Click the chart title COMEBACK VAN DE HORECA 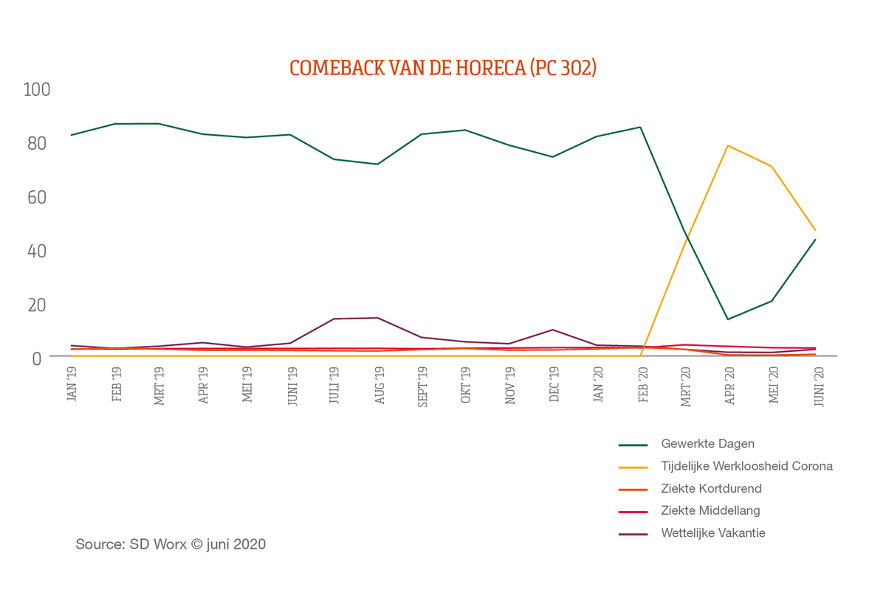pyautogui.click(x=442, y=68)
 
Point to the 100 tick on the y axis pyautogui.click(x=37, y=89)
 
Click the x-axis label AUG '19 pyautogui.click(x=380, y=386)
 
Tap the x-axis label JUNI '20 pyautogui.click(x=817, y=385)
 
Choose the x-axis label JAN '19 pyautogui.click(x=72, y=386)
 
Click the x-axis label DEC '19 pyautogui.click(x=554, y=386)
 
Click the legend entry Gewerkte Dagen pyautogui.click(x=707, y=444)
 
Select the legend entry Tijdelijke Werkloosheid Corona pyautogui.click(x=746, y=466)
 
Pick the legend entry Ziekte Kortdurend pyautogui.click(x=711, y=488)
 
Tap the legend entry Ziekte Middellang pyautogui.click(x=710, y=510)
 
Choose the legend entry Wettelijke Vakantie pyautogui.click(x=712, y=532)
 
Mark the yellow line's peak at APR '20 pyautogui.click(x=728, y=145)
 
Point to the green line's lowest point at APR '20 pyautogui.click(x=728, y=319)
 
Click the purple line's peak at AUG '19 pyautogui.click(x=378, y=318)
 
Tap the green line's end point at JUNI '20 pyautogui.click(x=816, y=239)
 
